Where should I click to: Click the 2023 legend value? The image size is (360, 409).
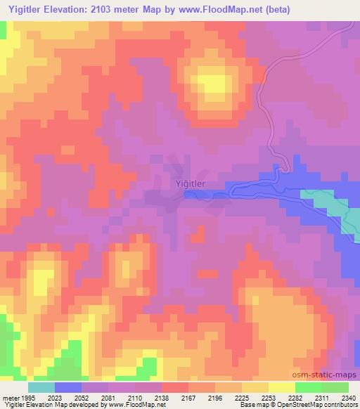click(55, 396)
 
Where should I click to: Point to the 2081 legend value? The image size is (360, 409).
click(108, 396)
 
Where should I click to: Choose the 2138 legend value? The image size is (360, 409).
click(162, 396)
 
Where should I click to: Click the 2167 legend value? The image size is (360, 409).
click(188, 396)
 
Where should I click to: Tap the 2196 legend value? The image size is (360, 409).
click(215, 396)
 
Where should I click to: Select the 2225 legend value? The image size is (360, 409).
click(242, 396)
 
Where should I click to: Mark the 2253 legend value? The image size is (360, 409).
click(269, 396)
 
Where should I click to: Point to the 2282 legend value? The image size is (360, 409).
click(295, 396)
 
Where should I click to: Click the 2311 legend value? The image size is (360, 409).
click(322, 396)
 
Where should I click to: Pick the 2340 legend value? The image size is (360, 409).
click(347, 396)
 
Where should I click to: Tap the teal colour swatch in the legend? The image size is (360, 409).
click(41, 387)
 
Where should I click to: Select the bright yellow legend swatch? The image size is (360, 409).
click(281, 387)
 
